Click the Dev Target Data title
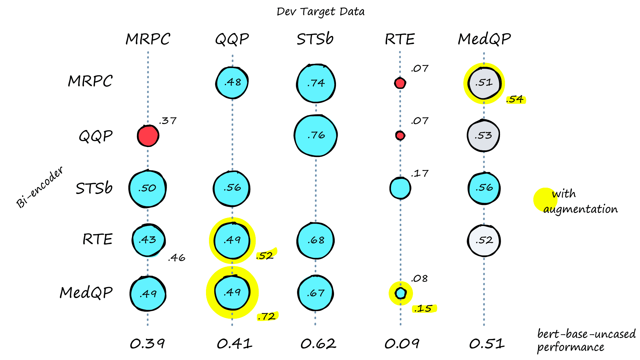click(320, 12)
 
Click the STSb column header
click(315, 39)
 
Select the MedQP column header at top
click(484, 39)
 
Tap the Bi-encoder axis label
click(40, 187)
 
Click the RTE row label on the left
click(97, 239)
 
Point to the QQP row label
click(96, 136)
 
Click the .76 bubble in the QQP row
click(316, 135)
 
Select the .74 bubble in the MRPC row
click(316, 83)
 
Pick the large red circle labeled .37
click(148, 136)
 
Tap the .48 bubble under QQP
click(232, 82)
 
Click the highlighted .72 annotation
click(267, 316)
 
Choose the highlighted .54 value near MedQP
click(515, 99)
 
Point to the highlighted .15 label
click(424, 309)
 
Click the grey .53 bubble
click(483, 136)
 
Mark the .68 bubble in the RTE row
click(315, 240)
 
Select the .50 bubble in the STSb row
click(147, 188)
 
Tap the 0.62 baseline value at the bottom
click(318, 344)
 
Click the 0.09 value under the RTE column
click(402, 344)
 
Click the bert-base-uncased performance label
click(586, 340)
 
